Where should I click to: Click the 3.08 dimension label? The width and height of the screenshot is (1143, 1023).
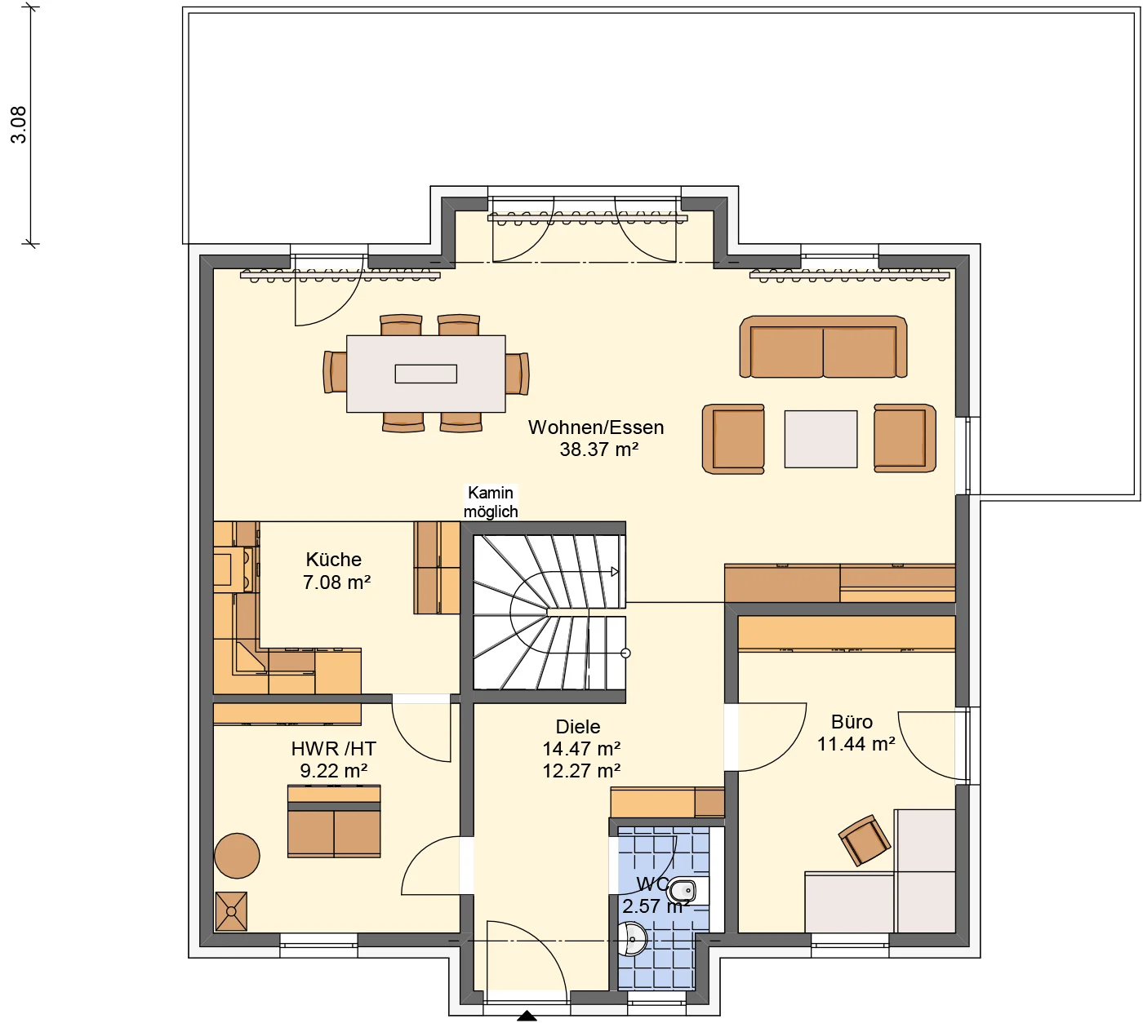pyautogui.click(x=18, y=125)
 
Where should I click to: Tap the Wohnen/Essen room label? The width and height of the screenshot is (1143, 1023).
pyautogui.click(x=596, y=427)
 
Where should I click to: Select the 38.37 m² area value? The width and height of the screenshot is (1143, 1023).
pyautogui.click(x=598, y=449)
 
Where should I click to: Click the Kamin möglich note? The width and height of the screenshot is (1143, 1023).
pyautogui.click(x=491, y=502)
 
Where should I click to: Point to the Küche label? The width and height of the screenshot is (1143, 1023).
pyautogui.click(x=333, y=560)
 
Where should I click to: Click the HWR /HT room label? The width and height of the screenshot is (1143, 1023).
pyautogui.click(x=333, y=749)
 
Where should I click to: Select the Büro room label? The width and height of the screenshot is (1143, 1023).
pyautogui.click(x=852, y=722)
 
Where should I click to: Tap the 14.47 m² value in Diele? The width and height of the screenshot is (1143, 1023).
pyautogui.click(x=581, y=749)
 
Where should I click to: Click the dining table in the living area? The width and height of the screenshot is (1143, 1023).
pyautogui.click(x=425, y=374)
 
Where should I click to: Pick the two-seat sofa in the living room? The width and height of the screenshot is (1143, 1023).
pyautogui.click(x=823, y=348)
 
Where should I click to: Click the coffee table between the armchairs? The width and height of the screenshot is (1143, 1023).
pyautogui.click(x=821, y=439)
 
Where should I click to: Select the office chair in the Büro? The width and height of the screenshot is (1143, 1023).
pyautogui.click(x=864, y=839)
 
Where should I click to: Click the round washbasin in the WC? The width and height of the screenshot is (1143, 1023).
pyautogui.click(x=633, y=939)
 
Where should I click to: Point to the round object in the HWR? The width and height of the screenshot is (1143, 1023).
pyautogui.click(x=237, y=856)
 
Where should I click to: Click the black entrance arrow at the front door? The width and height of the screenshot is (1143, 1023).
pyautogui.click(x=527, y=1016)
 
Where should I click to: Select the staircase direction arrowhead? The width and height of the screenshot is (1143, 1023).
pyautogui.click(x=615, y=572)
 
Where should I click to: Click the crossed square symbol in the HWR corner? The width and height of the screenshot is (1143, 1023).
pyautogui.click(x=230, y=911)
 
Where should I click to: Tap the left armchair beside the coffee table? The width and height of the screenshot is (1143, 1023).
pyautogui.click(x=733, y=439)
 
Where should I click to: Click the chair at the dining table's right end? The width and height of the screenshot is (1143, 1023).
pyautogui.click(x=517, y=374)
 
